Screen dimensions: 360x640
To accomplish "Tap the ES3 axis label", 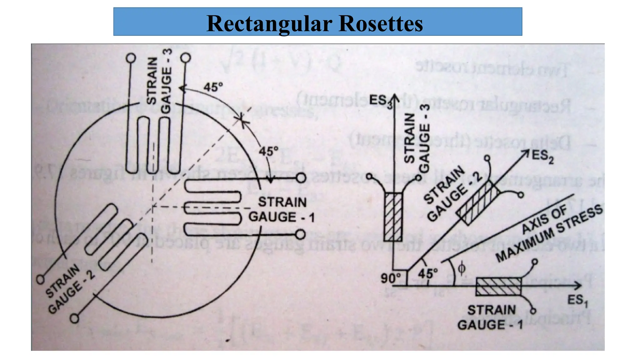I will [x=379, y=101].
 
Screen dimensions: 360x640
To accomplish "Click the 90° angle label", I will [x=390, y=278].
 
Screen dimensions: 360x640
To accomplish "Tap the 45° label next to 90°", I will [x=427, y=274].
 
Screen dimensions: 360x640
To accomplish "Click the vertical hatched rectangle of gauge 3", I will [x=393, y=217].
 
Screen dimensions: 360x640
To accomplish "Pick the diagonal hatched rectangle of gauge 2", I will [x=478, y=203].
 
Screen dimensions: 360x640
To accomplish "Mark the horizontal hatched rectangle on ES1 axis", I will [x=498, y=286].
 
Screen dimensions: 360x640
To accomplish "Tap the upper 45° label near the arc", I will [x=213, y=87].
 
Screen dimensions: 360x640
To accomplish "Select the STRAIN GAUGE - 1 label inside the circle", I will [x=282, y=210].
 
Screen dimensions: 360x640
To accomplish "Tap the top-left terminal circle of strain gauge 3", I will [x=131, y=58].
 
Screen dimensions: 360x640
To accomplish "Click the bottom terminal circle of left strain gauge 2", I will [x=74, y=318].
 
